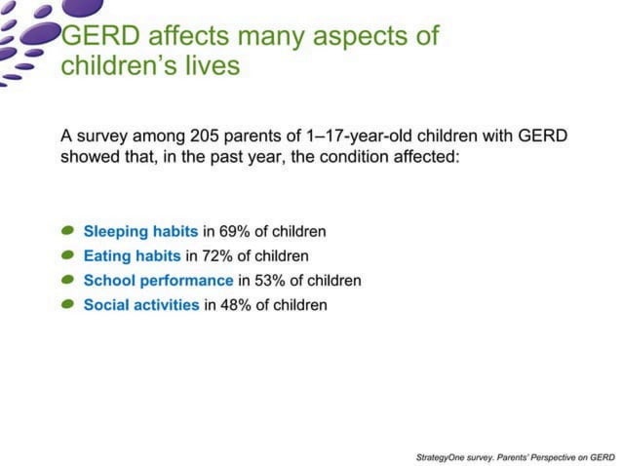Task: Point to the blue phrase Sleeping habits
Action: coord(140,232)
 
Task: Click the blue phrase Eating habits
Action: coord(132,256)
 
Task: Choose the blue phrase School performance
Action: coord(158,281)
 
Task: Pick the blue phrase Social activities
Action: coord(140,305)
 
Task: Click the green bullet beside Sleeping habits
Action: coord(67,231)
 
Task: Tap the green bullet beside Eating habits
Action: coord(67,255)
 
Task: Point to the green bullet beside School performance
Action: coord(67,280)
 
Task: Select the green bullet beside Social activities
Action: coord(67,304)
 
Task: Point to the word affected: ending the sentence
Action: coord(423,157)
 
